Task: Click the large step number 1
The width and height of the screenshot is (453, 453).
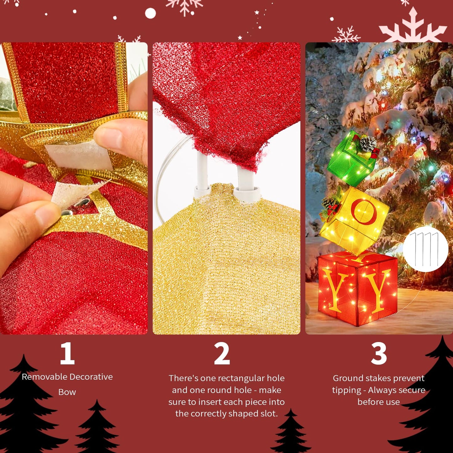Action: tap(67, 353)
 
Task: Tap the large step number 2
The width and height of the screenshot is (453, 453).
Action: tap(222, 353)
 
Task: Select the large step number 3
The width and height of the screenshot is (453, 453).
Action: tap(379, 353)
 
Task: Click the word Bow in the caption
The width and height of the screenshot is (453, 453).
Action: tap(67, 392)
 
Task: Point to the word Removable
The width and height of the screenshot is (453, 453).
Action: tap(44, 377)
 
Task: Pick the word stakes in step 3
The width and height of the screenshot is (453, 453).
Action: tap(373, 378)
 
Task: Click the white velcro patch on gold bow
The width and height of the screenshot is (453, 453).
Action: tap(78, 155)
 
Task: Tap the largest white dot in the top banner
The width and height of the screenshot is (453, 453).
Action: tap(150, 13)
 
